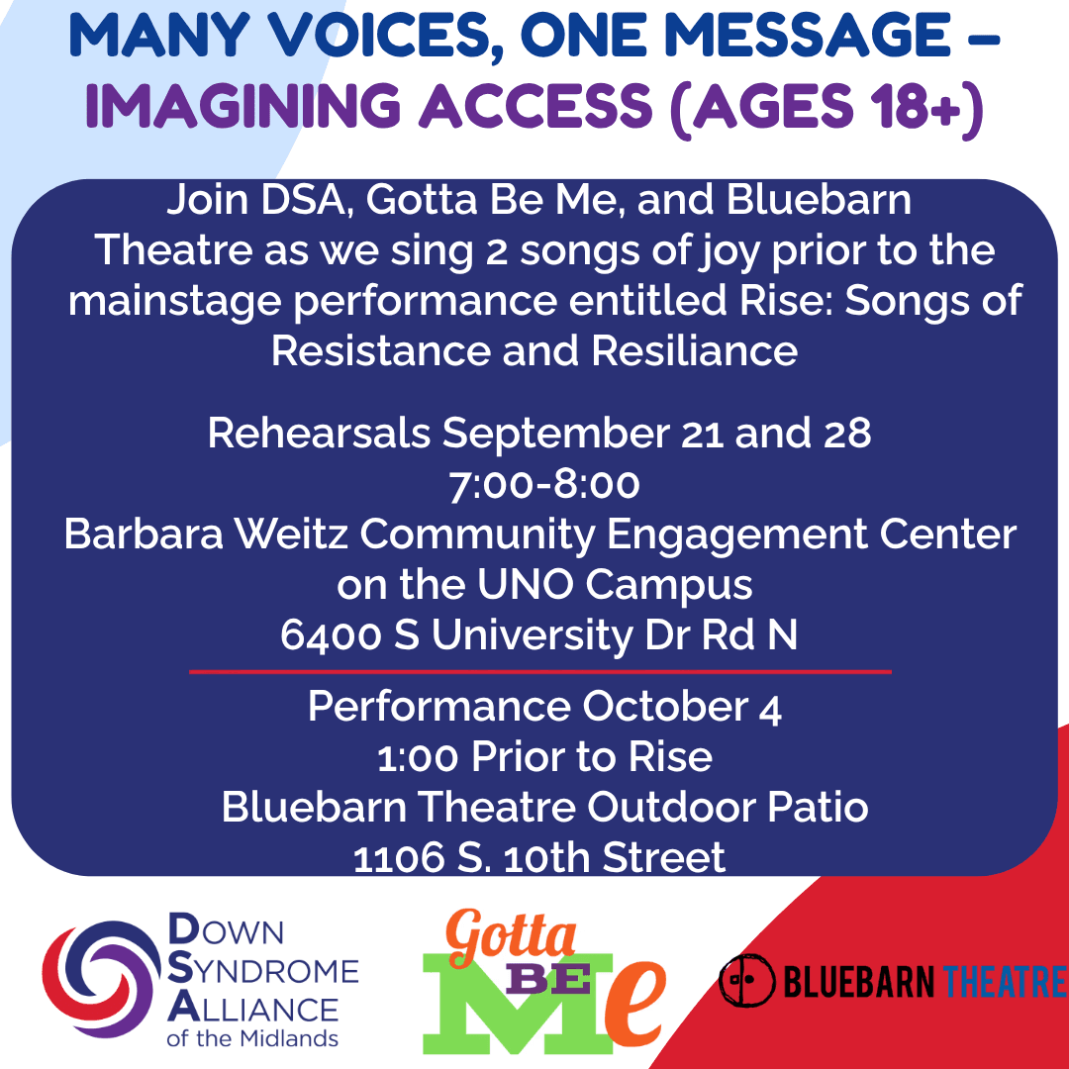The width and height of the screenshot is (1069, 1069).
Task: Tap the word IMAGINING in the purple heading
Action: (243, 106)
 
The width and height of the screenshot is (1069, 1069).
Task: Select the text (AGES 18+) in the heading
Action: (826, 109)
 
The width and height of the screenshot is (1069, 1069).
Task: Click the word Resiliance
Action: (694, 351)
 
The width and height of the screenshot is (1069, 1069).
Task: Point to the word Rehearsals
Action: (319, 433)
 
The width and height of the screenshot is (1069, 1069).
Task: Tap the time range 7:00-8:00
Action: (544, 484)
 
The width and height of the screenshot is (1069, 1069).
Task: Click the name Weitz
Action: (292, 534)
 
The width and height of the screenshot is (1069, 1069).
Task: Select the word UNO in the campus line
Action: (525, 584)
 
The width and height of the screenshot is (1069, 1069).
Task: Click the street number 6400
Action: (331, 635)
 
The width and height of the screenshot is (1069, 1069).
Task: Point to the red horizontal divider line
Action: (540, 671)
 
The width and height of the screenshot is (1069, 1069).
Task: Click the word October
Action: (664, 706)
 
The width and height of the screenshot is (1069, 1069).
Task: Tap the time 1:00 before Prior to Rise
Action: (418, 757)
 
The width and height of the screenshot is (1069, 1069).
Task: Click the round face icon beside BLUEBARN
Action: (747, 980)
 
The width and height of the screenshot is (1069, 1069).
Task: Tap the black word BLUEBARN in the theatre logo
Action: (859, 982)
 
